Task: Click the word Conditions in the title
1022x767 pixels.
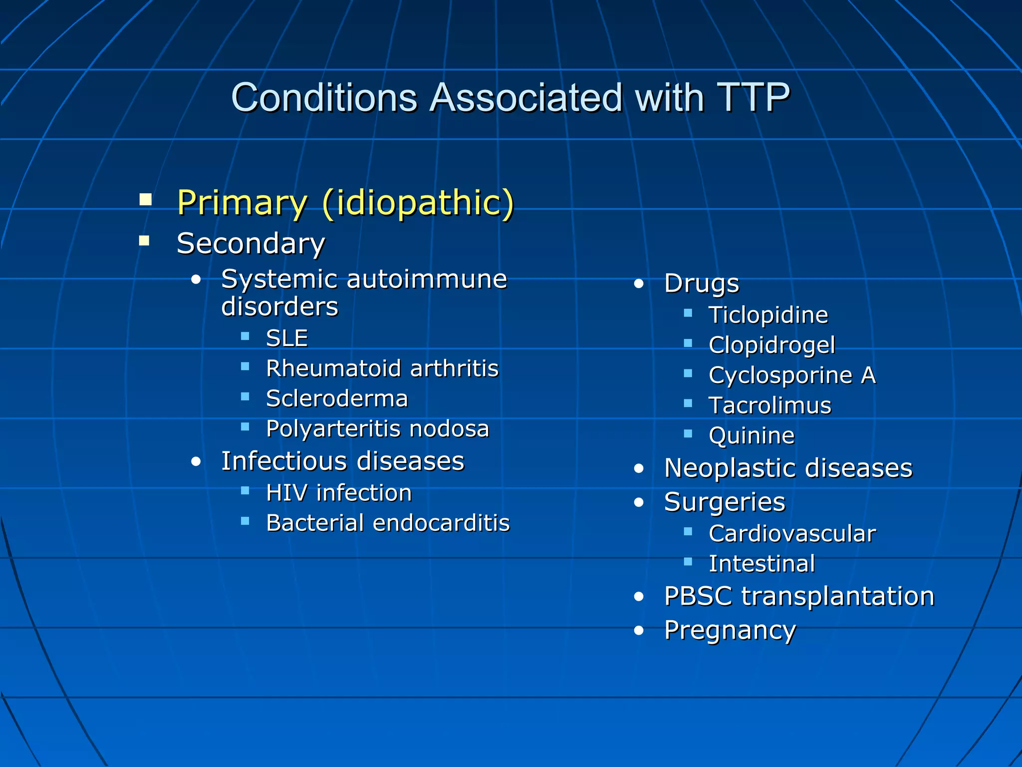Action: tap(324, 97)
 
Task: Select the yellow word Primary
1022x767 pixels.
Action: tap(242, 203)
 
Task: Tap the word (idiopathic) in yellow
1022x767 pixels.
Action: tap(418, 203)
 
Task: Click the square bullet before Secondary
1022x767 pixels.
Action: tap(145, 241)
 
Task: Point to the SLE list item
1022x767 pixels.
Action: tap(287, 338)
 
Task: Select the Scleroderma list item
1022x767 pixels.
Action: tap(337, 398)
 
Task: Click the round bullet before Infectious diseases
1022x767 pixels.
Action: tap(196, 461)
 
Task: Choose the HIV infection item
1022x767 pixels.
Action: tap(339, 493)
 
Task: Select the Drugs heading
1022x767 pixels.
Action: tap(701, 284)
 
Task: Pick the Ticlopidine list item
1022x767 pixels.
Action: tap(768, 315)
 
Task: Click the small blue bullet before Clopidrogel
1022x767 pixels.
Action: tap(688, 344)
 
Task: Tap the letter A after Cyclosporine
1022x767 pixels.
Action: tap(868, 375)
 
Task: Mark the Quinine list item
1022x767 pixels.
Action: tap(752, 435)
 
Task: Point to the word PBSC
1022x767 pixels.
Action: tap(698, 596)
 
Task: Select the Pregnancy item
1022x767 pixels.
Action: tap(730, 630)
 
